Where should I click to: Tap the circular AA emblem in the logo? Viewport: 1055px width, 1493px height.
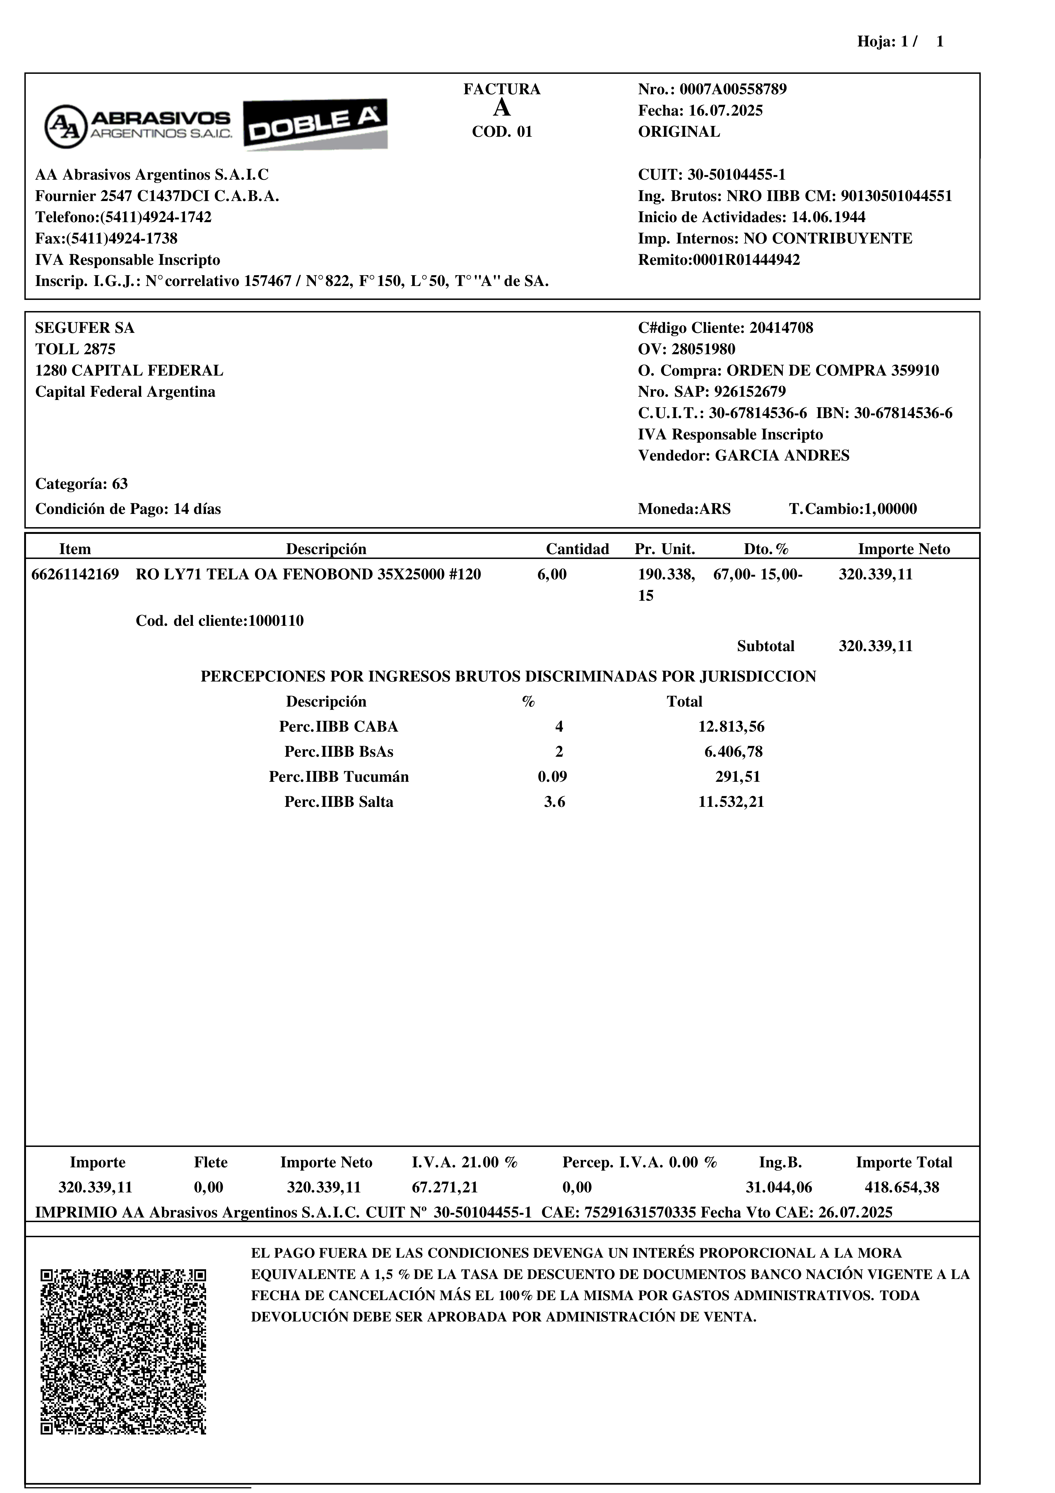(66, 126)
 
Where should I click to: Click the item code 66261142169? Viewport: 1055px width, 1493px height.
(75, 575)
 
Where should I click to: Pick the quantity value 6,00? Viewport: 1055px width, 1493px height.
(552, 575)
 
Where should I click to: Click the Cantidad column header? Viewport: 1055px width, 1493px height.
(577, 549)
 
